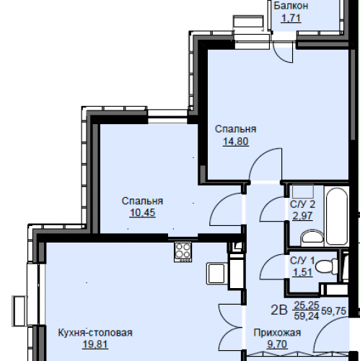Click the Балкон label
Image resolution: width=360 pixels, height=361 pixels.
(x=291, y=6)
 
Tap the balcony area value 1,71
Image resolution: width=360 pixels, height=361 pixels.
(x=291, y=18)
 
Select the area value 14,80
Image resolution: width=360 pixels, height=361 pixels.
(x=236, y=142)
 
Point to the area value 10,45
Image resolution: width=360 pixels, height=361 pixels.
(x=143, y=213)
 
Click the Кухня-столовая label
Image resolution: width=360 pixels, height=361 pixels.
(x=95, y=333)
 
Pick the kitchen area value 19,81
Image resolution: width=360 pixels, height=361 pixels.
(x=95, y=344)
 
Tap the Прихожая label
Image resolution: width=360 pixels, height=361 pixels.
(x=277, y=333)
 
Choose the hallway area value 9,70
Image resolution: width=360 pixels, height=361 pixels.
(x=277, y=344)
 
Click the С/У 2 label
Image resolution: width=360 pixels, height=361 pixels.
(x=302, y=204)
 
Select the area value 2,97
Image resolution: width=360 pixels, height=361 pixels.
(x=302, y=216)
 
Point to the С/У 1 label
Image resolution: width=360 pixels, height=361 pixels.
(x=302, y=261)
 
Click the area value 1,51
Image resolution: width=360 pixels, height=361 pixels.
(x=302, y=272)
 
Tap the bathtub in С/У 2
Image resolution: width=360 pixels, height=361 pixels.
(x=336, y=216)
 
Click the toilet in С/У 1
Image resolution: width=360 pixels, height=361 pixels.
(x=327, y=266)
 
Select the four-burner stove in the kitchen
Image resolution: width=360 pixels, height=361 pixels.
(x=183, y=252)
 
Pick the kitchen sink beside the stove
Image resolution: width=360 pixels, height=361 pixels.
(x=217, y=274)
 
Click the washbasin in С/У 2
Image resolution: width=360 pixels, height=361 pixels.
(x=312, y=238)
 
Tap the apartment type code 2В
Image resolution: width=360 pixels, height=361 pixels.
(x=279, y=310)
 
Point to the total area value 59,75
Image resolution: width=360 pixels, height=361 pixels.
(x=333, y=311)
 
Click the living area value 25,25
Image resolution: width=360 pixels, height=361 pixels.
(x=307, y=305)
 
